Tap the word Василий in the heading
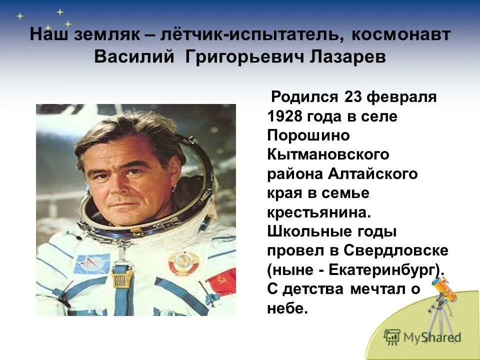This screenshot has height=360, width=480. click(133, 56)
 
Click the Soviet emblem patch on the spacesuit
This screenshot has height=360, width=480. click(183, 263)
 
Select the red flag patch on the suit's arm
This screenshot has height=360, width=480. click(221, 283)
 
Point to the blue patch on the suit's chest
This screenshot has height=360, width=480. click(92, 263)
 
